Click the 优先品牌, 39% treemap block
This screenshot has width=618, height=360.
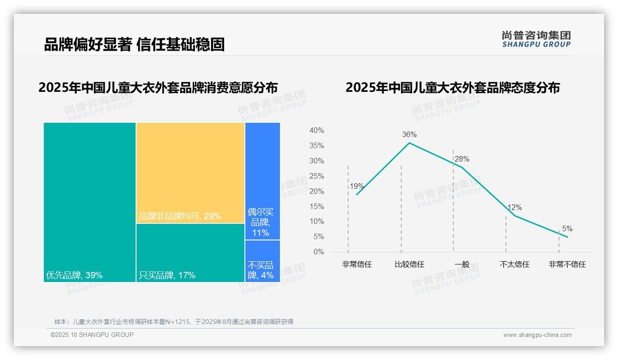pyautogui.click(x=89, y=202)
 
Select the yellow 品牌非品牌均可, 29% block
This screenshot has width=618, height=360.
pyautogui.click(x=190, y=173)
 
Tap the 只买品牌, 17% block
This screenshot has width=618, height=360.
pyautogui.click(x=190, y=252)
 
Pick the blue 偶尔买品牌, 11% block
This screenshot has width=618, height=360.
pyautogui.click(x=262, y=181)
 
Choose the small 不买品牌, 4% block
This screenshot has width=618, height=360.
pyautogui.click(x=262, y=261)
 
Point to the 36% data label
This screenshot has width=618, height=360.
pyautogui.click(x=409, y=135)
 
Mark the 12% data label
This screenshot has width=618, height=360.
pyautogui.click(x=515, y=208)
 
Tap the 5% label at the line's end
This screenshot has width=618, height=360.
pyautogui.click(x=567, y=229)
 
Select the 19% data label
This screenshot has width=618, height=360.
pyautogui.click(x=357, y=186)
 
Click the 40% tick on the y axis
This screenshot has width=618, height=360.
pyautogui.click(x=316, y=131)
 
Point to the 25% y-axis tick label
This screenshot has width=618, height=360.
pyautogui.click(x=316, y=176)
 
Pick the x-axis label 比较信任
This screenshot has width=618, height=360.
pyautogui.click(x=409, y=264)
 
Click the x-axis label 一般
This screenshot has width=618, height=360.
pyautogui.click(x=462, y=264)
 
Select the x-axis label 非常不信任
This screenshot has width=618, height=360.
pyautogui.click(x=567, y=264)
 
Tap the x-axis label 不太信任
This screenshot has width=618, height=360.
pyautogui.click(x=515, y=264)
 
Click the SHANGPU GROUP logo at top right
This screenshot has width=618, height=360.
pyautogui.click(x=536, y=39)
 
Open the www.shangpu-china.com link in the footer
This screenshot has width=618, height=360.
pyautogui.click(x=537, y=335)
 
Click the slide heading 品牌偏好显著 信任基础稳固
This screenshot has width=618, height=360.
pyautogui.click(x=134, y=44)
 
